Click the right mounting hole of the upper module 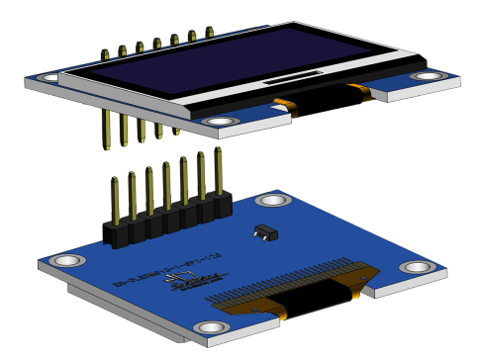click(x=429, y=76)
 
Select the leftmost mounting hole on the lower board click(x=66, y=261)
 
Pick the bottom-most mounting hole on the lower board click(x=210, y=327)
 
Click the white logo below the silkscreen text click(x=187, y=288)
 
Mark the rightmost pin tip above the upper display click(x=209, y=34)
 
